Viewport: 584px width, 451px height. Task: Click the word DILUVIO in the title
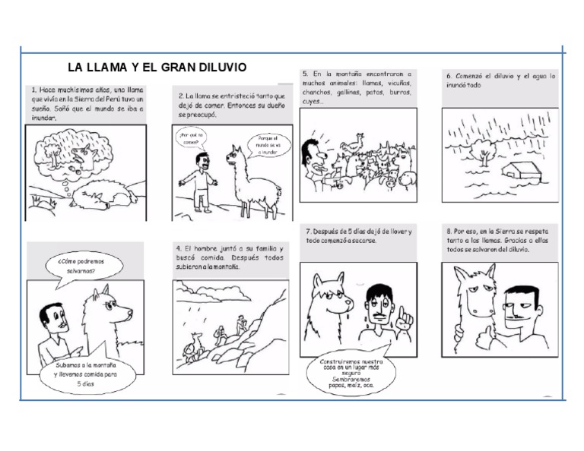(x=219, y=68)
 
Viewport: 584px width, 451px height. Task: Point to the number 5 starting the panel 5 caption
(x=304, y=74)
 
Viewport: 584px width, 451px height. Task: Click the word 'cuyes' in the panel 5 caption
(x=311, y=102)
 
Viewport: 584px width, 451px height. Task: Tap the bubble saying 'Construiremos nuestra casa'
(x=351, y=371)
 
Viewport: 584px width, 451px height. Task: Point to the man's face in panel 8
(x=525, y=299)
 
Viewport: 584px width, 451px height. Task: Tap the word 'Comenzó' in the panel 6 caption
(x=474, y=77)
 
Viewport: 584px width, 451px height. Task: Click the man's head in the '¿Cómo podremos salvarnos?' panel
(x=53, y=319)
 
